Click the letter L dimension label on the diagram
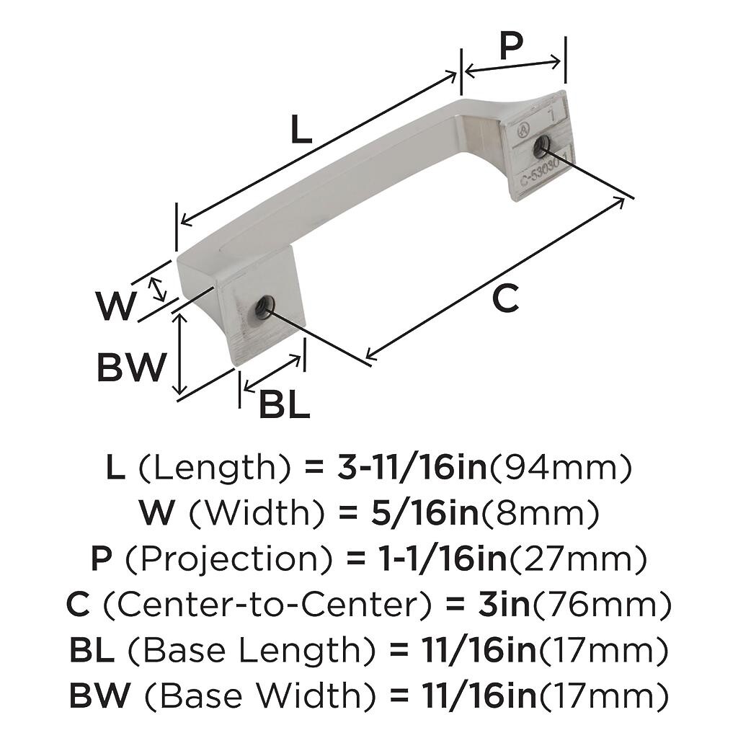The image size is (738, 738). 301,129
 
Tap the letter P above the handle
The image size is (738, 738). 511,46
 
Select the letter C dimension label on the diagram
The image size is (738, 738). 505,298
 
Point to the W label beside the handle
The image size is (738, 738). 116,306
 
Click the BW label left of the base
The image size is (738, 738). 132,367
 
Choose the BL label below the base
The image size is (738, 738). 284,405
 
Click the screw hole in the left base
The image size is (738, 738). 264,307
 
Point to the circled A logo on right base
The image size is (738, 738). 523,130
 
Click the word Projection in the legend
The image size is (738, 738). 230,559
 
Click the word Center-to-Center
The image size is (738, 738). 267,605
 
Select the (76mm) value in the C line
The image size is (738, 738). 600,605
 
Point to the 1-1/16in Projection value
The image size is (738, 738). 443,559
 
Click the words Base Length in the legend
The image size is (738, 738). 252,651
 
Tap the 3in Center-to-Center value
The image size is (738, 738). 504,605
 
